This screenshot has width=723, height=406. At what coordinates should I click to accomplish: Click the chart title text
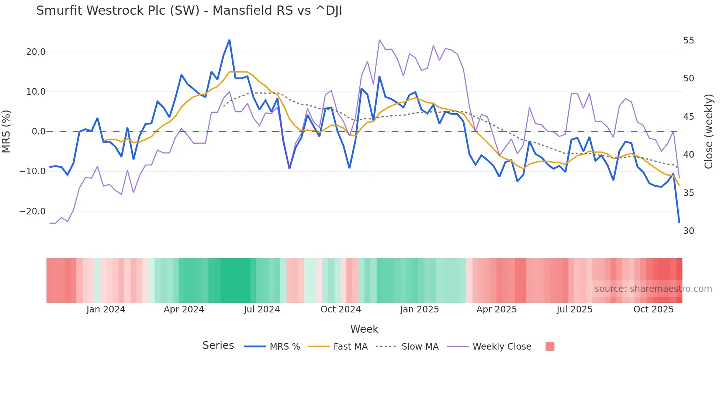pos(189,11)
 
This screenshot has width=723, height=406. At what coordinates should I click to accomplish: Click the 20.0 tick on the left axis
pos(36,52)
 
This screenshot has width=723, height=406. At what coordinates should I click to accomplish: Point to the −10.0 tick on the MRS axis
pos(32,171)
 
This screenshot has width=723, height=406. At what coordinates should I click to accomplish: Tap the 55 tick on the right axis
pos(688,41)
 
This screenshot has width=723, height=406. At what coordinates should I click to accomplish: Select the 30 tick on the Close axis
pos(688,231)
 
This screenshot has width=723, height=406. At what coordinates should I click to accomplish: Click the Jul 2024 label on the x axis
pos(262,309)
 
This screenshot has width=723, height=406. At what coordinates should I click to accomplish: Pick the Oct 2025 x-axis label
pos(653,309)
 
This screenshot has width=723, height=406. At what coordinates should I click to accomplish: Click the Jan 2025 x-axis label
pos(419,309)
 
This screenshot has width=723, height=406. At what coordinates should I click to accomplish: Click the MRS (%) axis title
pos(6,132)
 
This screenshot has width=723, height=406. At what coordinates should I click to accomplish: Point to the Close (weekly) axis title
pos(708,132)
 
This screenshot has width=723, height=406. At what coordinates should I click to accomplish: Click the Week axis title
pos(364,329)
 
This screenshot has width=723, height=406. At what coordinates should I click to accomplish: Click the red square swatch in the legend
pos(550,346)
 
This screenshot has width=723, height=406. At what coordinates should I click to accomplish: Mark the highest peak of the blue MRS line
pos(229,40)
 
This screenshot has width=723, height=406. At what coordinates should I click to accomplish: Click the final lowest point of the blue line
pos(679,223)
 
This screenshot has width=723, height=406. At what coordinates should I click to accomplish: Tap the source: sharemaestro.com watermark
pos(653,289)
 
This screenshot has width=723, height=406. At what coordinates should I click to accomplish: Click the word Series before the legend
pos(218,346)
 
